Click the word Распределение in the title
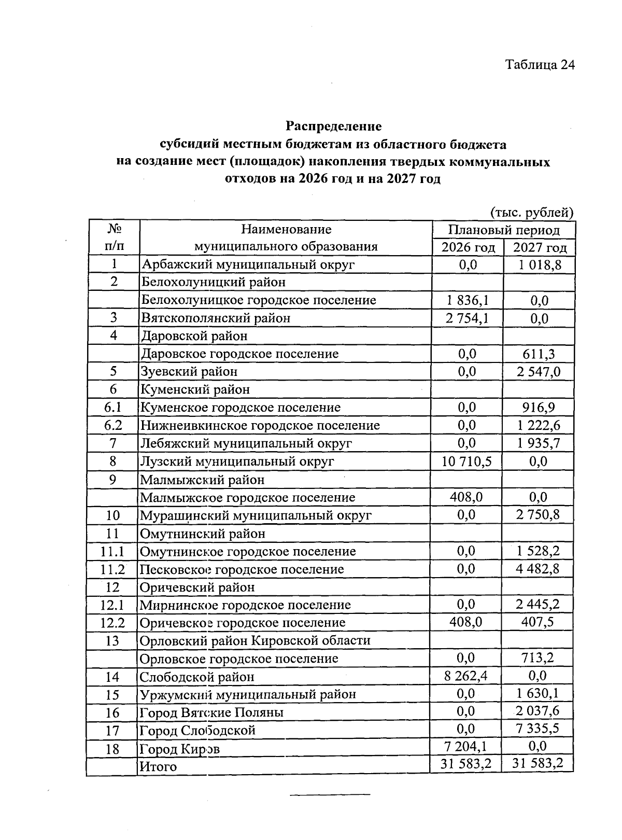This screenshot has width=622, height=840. (x=333, y=126)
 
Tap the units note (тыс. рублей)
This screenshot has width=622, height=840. (x=531, y=212)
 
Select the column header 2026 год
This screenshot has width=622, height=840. (x=468, y=247)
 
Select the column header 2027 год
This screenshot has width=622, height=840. (x=540, y=247)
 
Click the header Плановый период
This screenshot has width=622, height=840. (x=504, y=230)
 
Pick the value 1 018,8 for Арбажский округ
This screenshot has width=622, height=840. (x=539, y=265)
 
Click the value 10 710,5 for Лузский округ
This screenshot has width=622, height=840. (x=466, y=461)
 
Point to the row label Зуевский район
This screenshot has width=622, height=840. (x=190, y=371)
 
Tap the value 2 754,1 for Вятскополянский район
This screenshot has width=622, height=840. (x=466, y=318)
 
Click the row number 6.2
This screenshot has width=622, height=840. (x=113, y=425)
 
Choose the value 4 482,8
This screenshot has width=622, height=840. (x=538, y=568)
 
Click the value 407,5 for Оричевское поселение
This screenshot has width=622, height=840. (x=538, y=622)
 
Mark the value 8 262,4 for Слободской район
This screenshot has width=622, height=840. (x=466, y=676)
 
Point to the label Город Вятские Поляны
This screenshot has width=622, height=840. (x=211, y=712)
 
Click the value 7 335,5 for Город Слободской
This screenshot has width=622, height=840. (x=538, y=729)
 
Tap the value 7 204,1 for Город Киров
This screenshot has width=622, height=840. (x=466, y=747)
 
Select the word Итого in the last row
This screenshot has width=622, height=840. (x=159, y=766)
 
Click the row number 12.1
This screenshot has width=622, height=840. (x=112, y=605)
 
